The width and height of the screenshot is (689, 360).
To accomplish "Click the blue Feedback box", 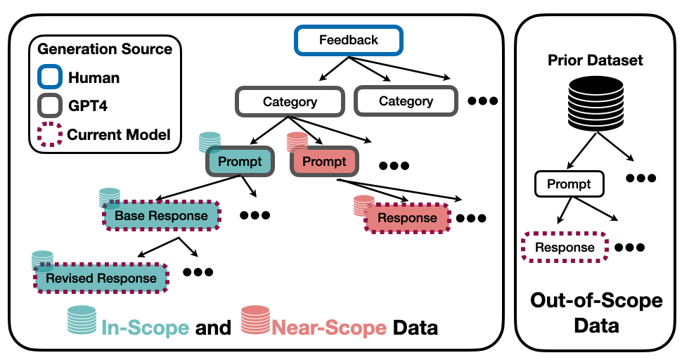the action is (x=349, y=41).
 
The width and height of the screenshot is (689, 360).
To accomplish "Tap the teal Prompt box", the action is (x=240, y=161).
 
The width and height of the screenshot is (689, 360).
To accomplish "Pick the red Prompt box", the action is (x=324, y=161).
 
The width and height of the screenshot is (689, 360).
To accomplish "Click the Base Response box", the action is (x=161, y=216).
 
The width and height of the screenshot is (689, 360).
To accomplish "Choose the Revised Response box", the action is (x=101, y=278).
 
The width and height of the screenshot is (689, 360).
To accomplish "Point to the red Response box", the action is (x=407, y=217).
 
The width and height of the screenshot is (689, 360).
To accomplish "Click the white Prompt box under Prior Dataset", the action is (x=569, y=184).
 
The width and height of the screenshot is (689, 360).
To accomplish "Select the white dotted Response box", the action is (x=565, y=247).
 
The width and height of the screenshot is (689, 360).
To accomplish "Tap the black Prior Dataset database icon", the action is (x=596, y=104).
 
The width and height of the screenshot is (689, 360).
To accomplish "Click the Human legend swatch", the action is (x=50, y=77).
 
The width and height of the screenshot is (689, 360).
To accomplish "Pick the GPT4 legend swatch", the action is (x=50, y=105).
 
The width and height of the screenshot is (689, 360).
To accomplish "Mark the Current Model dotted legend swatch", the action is (x=50, y=134).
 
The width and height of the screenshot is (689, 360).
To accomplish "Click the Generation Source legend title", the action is (x=105, y=49).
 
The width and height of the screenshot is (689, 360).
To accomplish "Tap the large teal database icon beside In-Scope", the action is (x=82, y=319).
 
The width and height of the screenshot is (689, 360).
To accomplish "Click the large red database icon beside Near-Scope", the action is (x=255, y=319).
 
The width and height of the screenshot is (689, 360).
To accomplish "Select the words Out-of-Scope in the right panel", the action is (x=596, y=301).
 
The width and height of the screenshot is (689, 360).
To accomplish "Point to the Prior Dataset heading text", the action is (x=595, y=60).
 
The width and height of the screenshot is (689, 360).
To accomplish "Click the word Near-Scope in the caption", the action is (x=329, y=328).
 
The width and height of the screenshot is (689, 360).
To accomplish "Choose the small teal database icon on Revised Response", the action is (x=43, y=260).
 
